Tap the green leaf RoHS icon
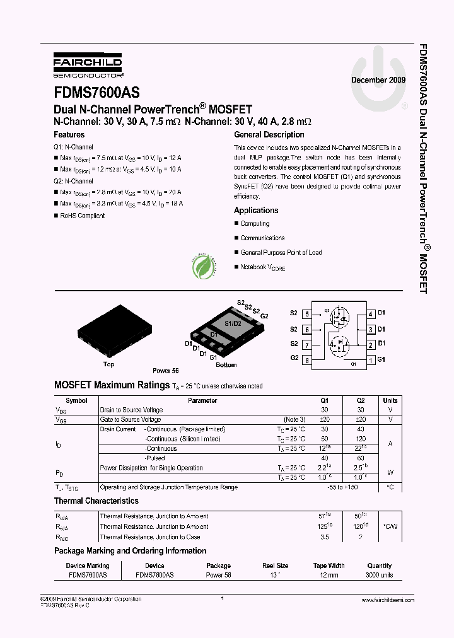point(204,267)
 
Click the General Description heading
point(269,135)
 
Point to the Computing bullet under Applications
point(255,224)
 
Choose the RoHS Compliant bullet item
point(82,216)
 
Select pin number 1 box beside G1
point(371,360)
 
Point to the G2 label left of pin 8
point(294,358)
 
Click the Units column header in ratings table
point(390,400)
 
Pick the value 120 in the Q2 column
point(361,439)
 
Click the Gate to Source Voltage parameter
point(131,419)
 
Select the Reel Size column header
point(274,565)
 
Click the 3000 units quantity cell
point(379,576)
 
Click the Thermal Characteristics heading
point(96,501)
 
